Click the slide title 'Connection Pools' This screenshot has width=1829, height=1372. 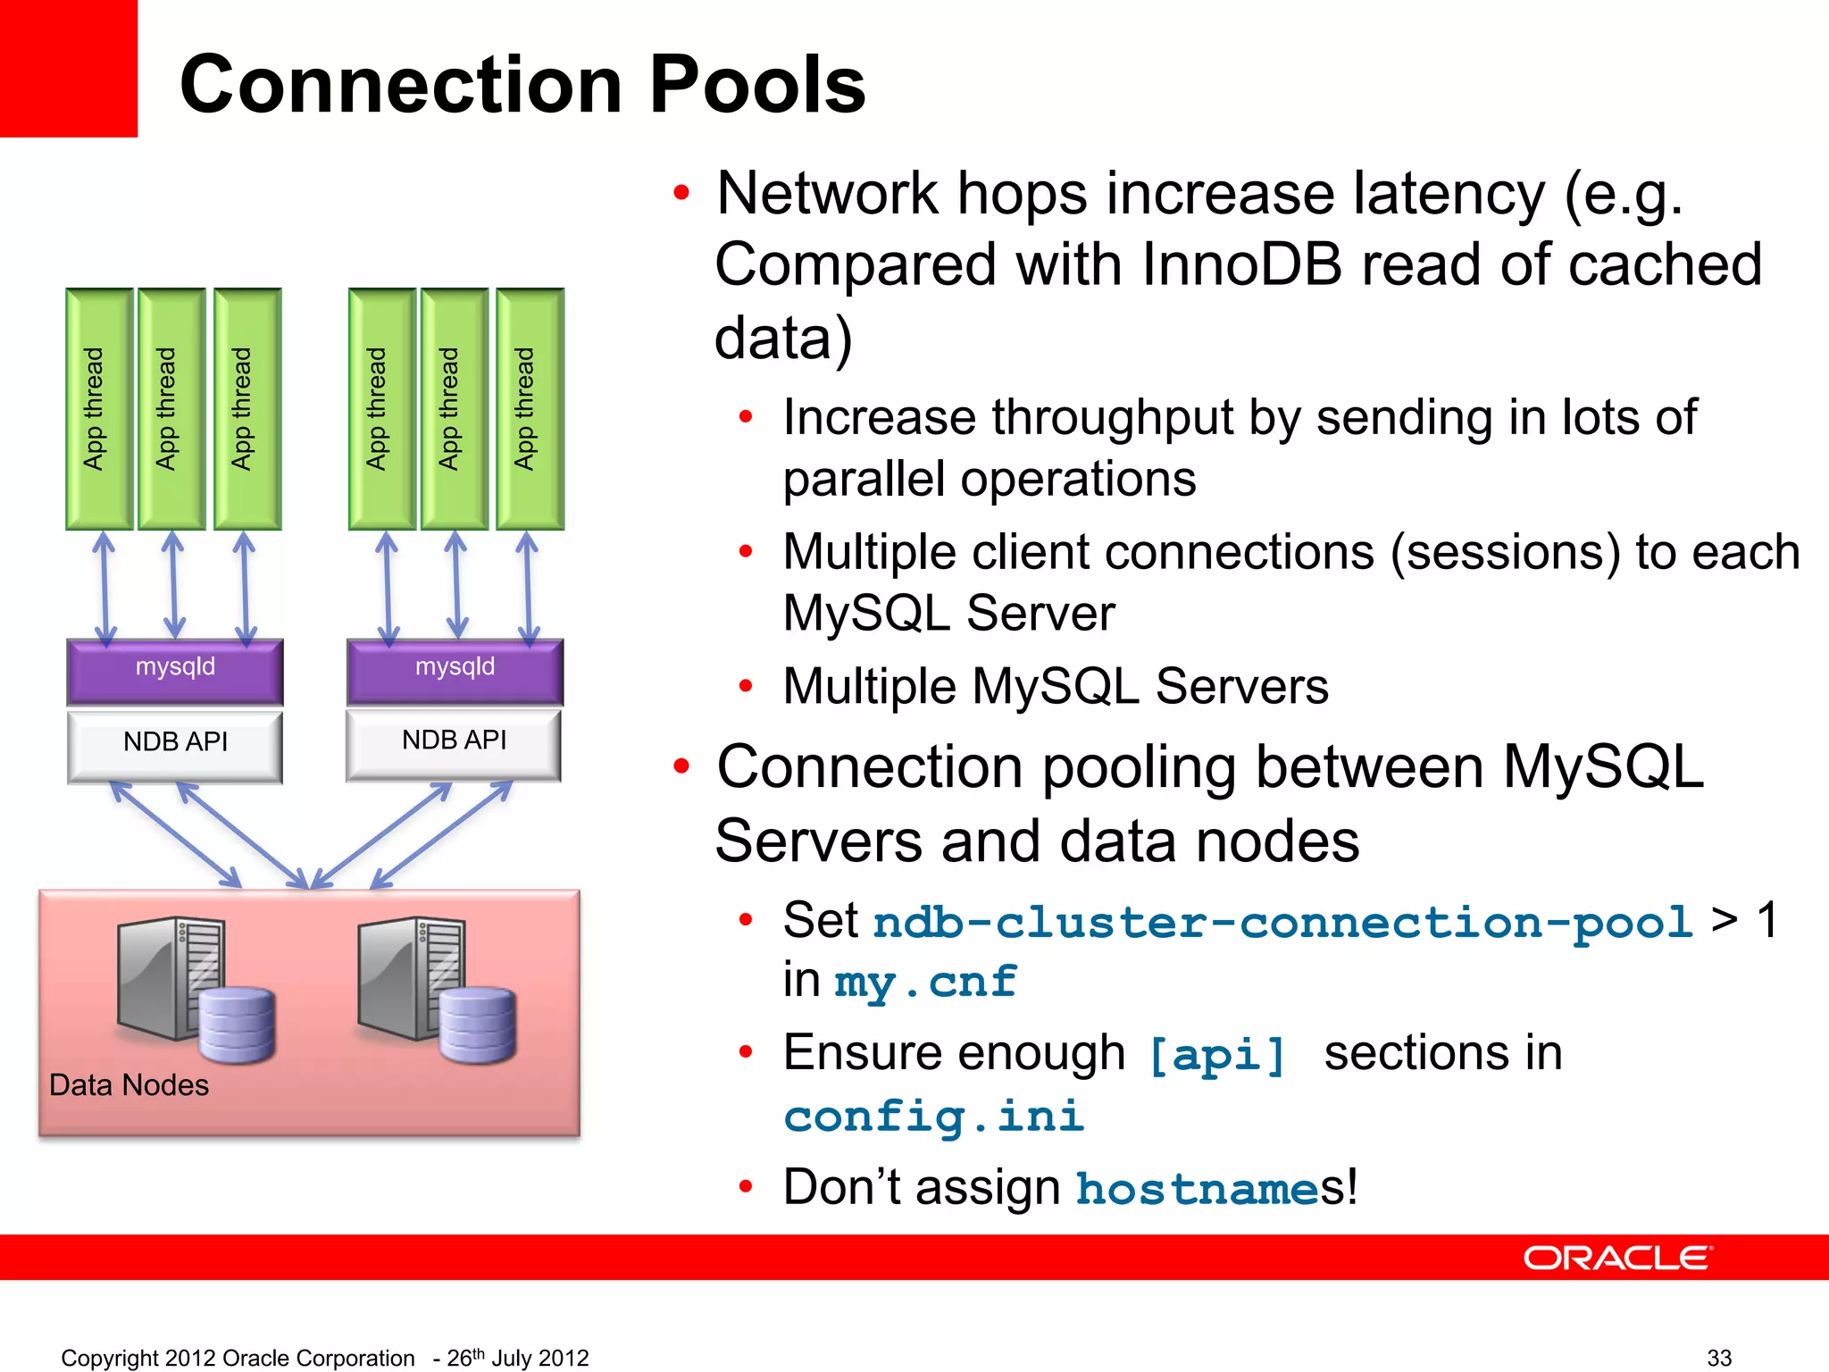[x=522, y=85]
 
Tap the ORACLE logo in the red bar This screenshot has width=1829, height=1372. [x=1617, y=1258]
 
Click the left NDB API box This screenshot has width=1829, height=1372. [x=175, y=745]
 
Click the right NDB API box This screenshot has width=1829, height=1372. [x=454, y=743]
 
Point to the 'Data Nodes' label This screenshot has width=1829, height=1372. [x=129, y=1085]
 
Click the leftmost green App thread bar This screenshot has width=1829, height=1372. [x=98, y=409]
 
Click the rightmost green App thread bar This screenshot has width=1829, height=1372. [x=530, y=409]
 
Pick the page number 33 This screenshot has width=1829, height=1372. [x=1719, y=1358]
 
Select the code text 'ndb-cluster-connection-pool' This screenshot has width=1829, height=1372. [x=1282, y=923]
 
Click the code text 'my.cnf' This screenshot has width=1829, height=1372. [x=925, y=983]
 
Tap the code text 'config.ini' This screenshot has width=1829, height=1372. [x=933, y=1117]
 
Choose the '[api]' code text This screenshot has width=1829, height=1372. [x=1217, y=1055]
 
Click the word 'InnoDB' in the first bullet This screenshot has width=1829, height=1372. [x=1241, y=265]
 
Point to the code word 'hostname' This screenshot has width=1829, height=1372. [x=1197, y=1189]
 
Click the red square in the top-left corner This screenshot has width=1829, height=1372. [x=68, y=68]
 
